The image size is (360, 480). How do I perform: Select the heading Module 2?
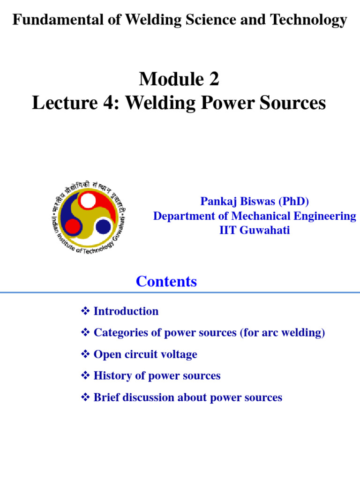pyautogui.click(x=179, y=80)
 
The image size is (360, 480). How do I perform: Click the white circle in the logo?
pyautogui.click(x=88, y=201)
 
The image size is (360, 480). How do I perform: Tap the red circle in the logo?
pyautogui.click(x=73, y=227)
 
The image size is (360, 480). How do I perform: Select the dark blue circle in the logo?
pyautogui.click(x=103, y=226)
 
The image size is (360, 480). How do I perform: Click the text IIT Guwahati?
pyautogui.click(x=255, y=231)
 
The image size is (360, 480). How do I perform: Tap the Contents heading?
pyautogui.click(x=166, y=282)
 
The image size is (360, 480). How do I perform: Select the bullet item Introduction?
pyautogui.click(x=126, y=311)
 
